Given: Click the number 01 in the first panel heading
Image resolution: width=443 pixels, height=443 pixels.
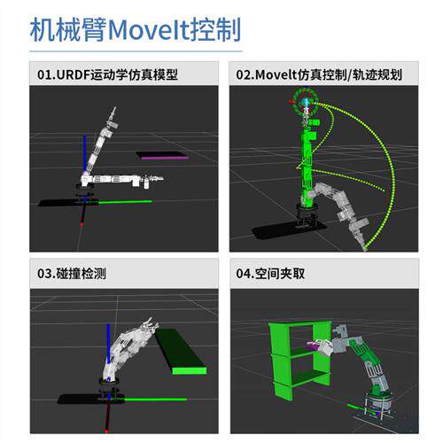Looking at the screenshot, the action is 43,74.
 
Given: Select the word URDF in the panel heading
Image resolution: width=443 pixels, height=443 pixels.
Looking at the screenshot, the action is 73,74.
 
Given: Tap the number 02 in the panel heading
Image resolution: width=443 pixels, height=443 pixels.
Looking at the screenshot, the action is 243,74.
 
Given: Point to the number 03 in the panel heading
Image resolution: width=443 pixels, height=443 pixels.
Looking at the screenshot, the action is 43,274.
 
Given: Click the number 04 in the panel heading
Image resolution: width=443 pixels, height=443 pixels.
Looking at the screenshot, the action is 243,274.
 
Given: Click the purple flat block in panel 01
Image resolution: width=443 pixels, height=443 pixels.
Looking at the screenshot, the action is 162,155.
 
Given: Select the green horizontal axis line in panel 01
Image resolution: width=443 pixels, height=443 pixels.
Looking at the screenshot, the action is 125,202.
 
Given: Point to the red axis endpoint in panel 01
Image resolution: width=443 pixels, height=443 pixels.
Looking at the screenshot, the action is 82,224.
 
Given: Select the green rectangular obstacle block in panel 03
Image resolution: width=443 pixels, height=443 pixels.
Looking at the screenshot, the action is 180,352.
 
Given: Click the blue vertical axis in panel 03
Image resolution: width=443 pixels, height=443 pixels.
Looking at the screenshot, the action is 108,344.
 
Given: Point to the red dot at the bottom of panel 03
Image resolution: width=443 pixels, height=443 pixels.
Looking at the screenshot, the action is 106,431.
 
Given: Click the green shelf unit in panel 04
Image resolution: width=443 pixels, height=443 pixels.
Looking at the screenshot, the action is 299,361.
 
